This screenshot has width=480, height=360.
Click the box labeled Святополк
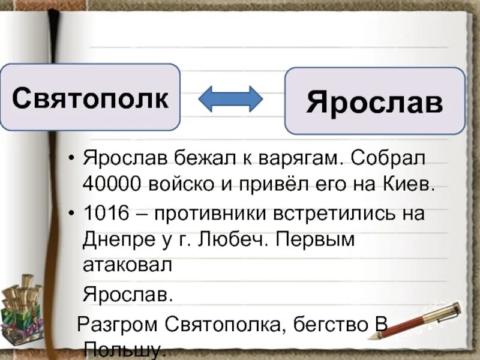coord(90,97)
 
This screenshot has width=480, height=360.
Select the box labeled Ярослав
coord(374,101)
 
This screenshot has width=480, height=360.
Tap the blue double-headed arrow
coord(230,98)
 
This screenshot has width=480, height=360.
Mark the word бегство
coord(324,325)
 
